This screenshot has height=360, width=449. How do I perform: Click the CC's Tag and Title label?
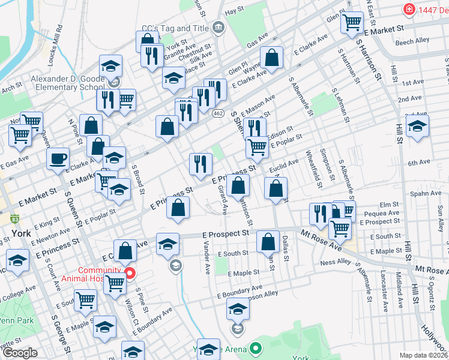tap(174, 28)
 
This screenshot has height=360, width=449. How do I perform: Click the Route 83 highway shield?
tap(13, 219)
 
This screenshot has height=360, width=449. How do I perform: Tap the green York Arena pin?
tap(256, 347)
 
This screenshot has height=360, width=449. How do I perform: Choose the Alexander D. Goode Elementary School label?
tap(67, 83)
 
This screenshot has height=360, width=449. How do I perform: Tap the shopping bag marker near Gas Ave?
tap(272, 59)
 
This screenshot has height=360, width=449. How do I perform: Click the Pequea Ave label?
tap(385, 212)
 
